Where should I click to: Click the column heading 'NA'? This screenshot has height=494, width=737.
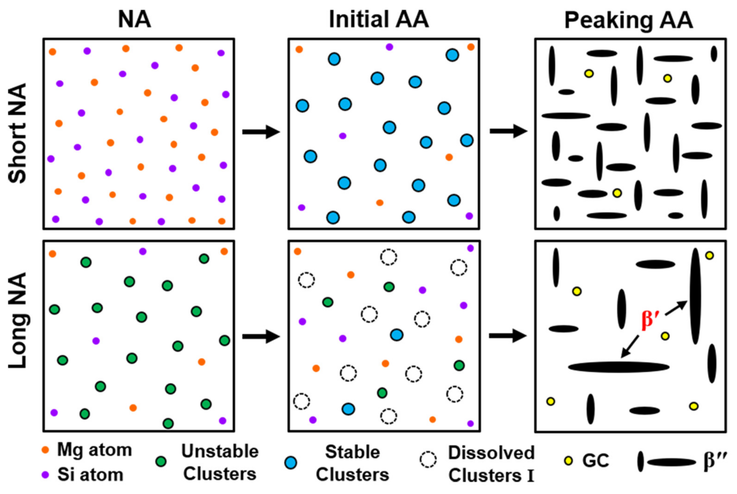[x=134, y=19]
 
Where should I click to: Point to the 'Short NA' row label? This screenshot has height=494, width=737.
[x=17, y=133]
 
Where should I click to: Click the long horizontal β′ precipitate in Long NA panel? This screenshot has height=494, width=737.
[x=619, y=367]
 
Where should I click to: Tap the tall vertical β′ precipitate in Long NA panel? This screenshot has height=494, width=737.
[x=695, y=296]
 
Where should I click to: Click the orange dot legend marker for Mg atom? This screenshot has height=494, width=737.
[x=46, y=450]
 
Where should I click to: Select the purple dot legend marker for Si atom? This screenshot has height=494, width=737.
[x=46, y=475]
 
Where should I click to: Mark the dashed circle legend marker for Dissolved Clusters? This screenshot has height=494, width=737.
[x=428, y=460]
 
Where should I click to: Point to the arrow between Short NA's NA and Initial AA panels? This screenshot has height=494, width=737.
[x=261, y=132]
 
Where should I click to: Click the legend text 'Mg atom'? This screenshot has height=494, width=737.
[x=94, y=450]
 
